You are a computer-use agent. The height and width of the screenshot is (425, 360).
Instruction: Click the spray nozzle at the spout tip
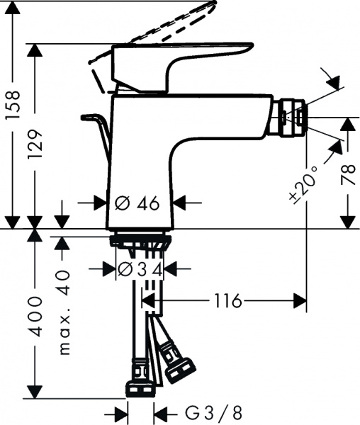294,118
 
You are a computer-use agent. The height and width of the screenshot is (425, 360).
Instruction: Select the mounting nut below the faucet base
140,243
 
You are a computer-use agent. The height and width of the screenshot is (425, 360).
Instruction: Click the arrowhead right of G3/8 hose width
162,412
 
